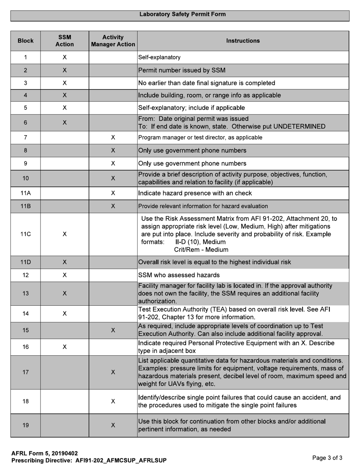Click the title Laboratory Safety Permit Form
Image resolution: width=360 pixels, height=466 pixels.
182,14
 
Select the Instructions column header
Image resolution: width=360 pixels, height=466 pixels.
243,41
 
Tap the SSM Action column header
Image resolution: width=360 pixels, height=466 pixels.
64,41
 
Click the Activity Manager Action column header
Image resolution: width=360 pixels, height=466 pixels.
113,41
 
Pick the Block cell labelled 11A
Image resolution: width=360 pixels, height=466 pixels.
25,193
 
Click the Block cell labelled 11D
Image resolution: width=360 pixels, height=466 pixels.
25,262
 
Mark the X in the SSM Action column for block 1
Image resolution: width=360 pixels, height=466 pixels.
65,57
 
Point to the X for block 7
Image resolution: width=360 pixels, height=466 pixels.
113,138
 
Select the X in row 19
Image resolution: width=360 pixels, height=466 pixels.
113,425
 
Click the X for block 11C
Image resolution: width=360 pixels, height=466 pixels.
65,234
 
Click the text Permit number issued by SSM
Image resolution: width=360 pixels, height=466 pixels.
182,70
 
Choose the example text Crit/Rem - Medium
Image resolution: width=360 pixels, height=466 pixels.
201,250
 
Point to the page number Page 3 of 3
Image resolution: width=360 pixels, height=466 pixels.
327,458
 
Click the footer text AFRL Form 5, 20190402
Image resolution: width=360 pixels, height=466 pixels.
45,453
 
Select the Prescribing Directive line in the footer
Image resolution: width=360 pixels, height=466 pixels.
89,461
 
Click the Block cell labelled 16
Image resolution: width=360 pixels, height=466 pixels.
25,347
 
